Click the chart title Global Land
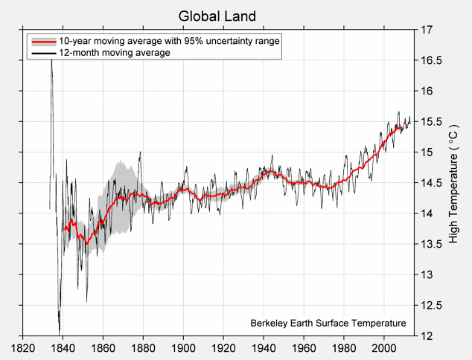point(217,16)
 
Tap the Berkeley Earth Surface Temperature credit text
point(328,324)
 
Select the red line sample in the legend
point(43,42)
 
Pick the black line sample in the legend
point(43,54)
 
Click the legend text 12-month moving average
point(115,54)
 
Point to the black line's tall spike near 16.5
point(51,61)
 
